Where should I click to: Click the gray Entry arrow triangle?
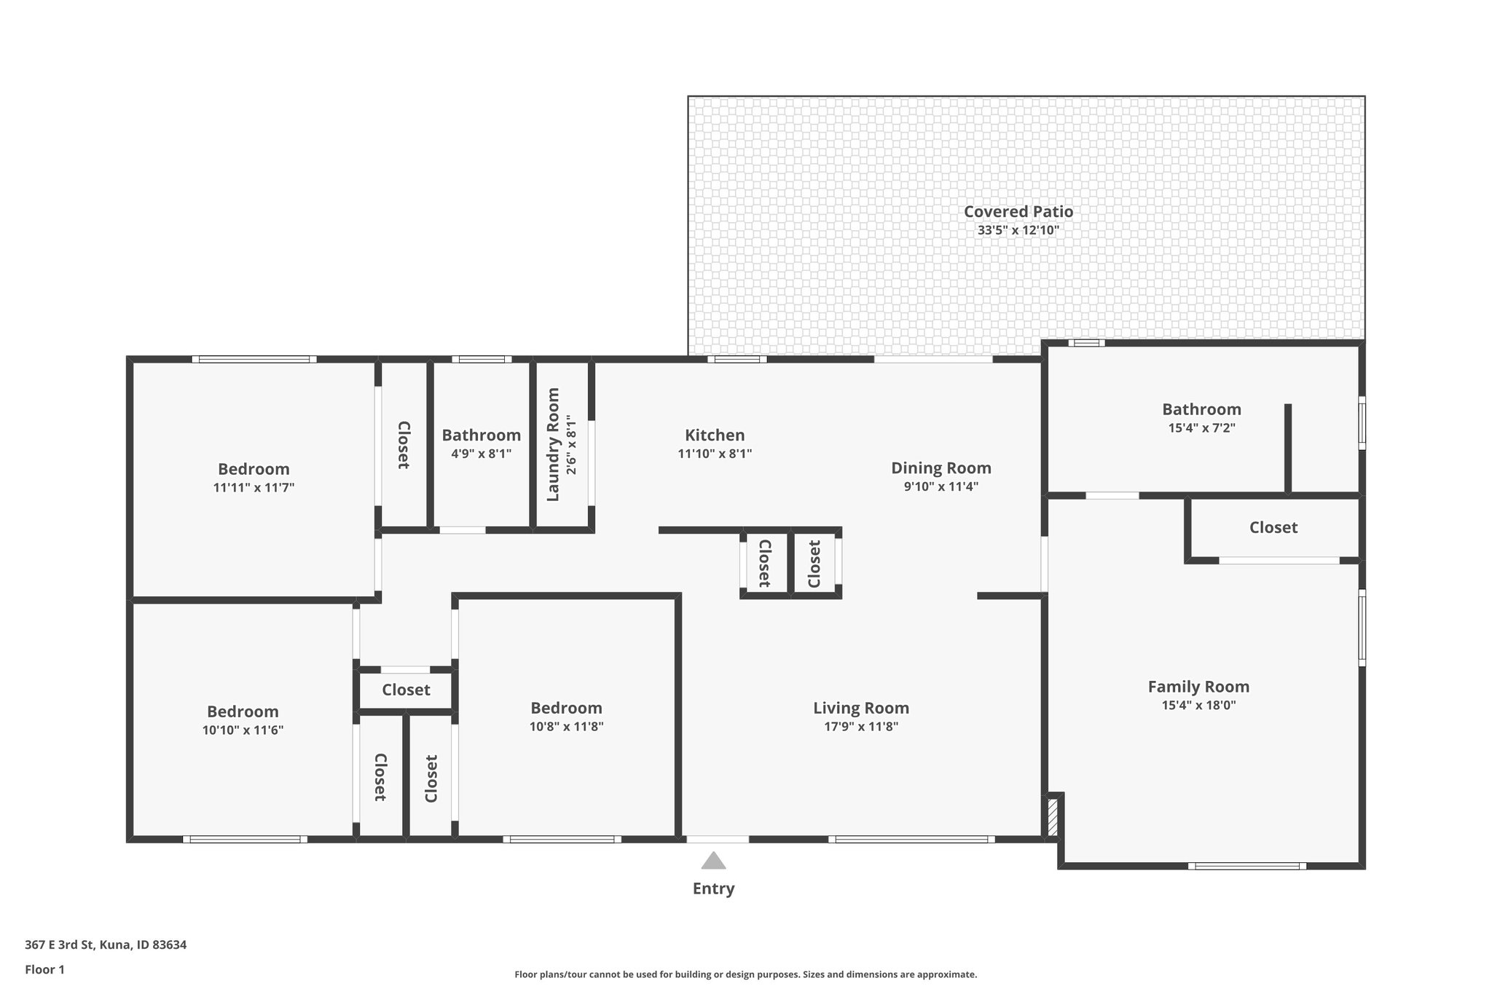click(713, 861)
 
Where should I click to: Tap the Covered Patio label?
click(1018, 212)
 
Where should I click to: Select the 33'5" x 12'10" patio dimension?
click(1018, 230)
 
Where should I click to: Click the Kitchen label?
click(715, 435)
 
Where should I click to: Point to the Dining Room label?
click(941, 468)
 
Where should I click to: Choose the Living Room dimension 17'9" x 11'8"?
click(860, 726)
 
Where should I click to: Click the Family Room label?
click(1198, 687)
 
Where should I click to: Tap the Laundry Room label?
click(553, 444)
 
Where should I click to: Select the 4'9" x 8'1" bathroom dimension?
click(481, 454)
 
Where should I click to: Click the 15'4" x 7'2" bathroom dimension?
click(1201, 428)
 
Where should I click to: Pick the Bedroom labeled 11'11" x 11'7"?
click(254, 469)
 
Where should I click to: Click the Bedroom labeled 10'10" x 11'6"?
click(243, 711)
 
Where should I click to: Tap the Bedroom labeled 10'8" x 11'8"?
click(566, 708)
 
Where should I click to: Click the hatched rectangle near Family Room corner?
click(1052, 817)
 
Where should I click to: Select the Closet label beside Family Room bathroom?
click(1273, 527)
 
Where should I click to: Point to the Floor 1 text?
click(45, 970)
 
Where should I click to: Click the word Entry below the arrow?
click(713, 888)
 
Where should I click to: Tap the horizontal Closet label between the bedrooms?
click(406, 690)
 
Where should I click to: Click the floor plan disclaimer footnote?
click(745, 974)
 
